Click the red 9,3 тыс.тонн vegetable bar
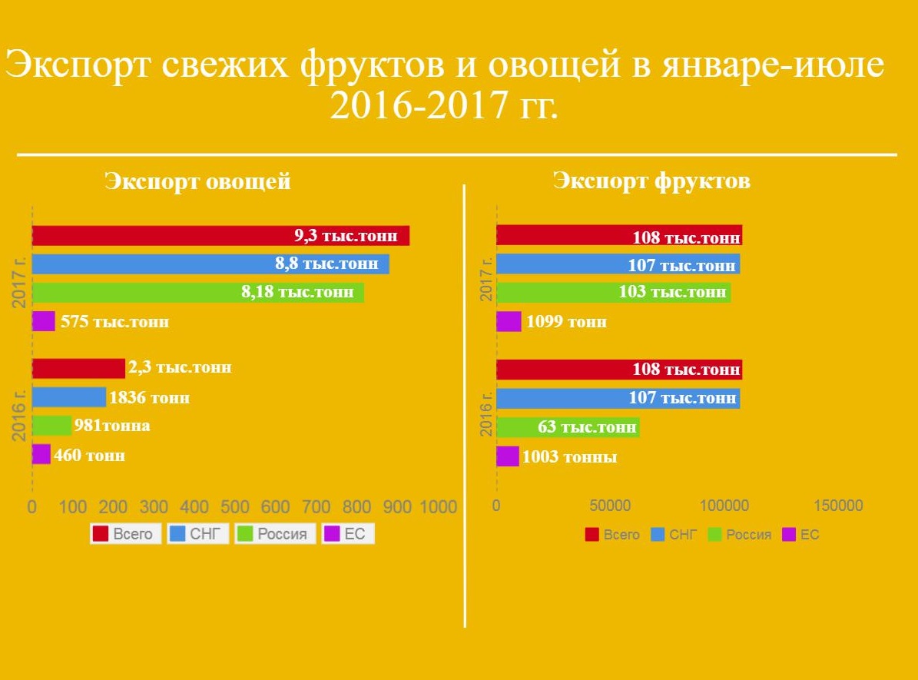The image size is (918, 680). (220, 236)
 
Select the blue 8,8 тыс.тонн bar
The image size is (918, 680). (210, 264)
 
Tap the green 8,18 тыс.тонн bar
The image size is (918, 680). (198, 293)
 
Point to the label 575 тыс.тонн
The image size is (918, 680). (114, 322)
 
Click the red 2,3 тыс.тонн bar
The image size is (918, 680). (78, 369)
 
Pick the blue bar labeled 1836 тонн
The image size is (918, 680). (69, 397)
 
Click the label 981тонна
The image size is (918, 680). (112, 426)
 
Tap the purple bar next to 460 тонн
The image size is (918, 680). (41, 455)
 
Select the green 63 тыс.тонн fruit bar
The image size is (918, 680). (568, 427)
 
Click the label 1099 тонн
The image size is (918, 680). (566, 322)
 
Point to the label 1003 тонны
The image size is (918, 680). (569, 457)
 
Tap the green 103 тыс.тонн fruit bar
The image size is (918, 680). (613, 293)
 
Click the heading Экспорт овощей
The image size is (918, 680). (197, 182)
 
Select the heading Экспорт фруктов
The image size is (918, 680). (651, 181)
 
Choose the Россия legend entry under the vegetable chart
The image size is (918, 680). (275, 534)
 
